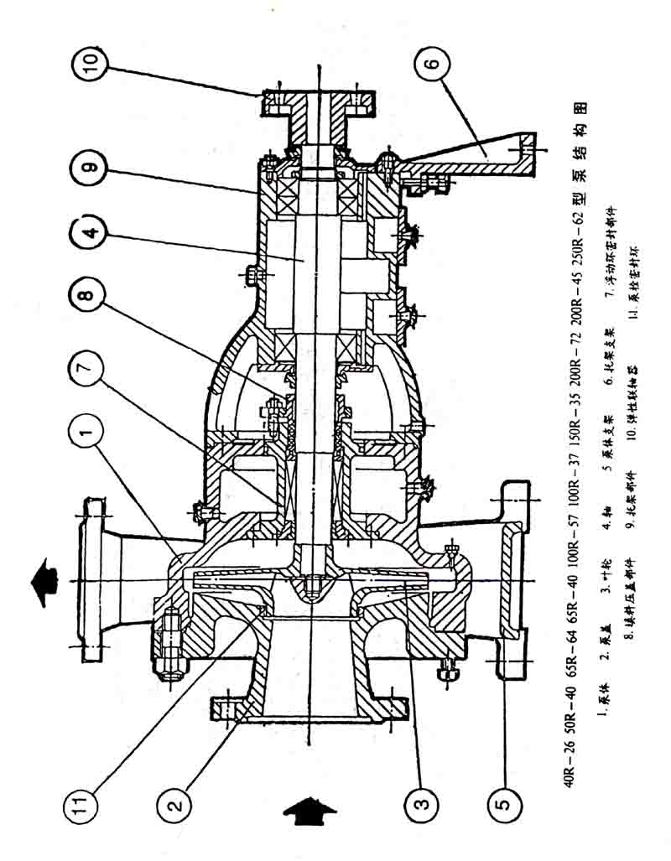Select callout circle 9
pyautogui.click(x=91, y=167)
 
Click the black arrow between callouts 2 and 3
pyautogui.click(x=309, y=808)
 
